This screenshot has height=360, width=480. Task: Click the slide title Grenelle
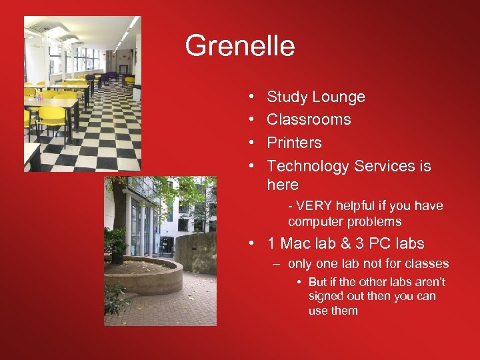(x=239, y=46)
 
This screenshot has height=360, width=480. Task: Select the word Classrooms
(x=309, y=120)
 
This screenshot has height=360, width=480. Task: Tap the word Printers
(x=294, y=143)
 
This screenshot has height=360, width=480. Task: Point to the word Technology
(x=308, y=166)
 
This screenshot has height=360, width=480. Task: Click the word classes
(x=427, y=264)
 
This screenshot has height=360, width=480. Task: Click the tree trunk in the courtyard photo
(x=119, y=220)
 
